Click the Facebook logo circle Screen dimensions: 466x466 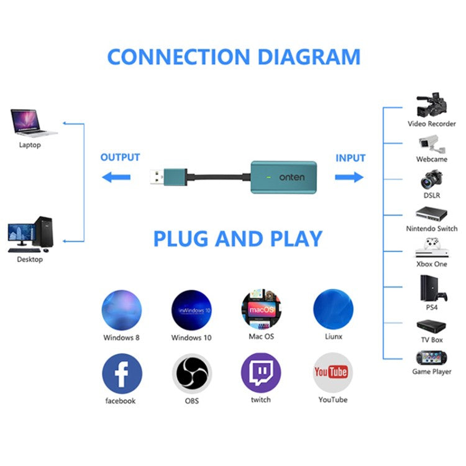(122, 373)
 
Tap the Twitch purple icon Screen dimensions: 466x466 (261, 373)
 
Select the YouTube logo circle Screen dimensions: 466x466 (332, 373)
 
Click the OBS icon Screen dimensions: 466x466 (191, 373)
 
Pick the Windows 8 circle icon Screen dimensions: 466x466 (122, 309)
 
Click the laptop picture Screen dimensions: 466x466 (31, 123)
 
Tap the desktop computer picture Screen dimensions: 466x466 (30, 234)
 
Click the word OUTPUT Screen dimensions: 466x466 (120, 158)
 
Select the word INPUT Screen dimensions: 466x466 (350, 158)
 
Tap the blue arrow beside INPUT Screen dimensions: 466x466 (349, 178)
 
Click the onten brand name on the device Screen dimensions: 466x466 (292, 178)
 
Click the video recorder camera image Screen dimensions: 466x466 (432, 106)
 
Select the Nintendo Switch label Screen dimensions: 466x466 (432, 229)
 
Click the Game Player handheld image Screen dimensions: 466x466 (432, 359)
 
